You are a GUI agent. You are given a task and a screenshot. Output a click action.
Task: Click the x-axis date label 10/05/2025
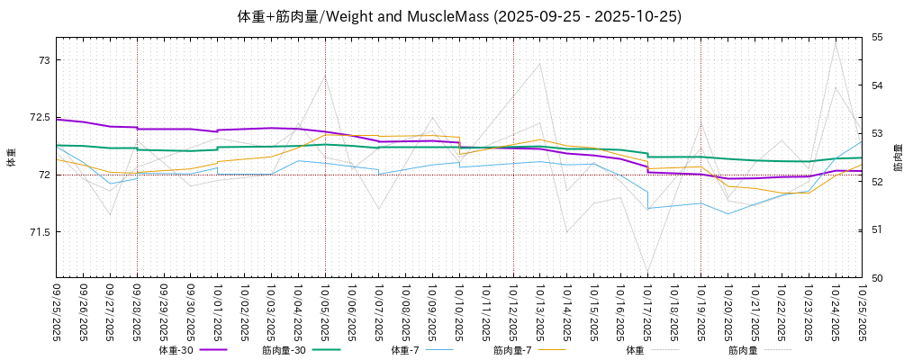[x=326, y=311]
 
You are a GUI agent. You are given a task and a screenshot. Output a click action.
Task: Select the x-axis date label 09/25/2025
[x=57, y=311]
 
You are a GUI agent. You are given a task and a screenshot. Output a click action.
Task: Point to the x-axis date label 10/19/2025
[x=701, y=311]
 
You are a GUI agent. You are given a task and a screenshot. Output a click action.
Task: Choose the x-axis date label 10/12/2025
[x=513, y=311]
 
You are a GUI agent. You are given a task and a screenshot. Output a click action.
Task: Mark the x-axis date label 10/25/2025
[x=863, y=311]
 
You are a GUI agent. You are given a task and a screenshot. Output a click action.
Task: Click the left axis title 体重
[x=12, y=157]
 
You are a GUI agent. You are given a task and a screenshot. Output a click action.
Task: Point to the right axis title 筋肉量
[x=898, y=157]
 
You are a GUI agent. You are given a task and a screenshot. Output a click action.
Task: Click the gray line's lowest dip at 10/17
[x=647, y=271]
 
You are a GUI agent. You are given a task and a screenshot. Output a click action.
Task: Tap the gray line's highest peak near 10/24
[x=836, y=43]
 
